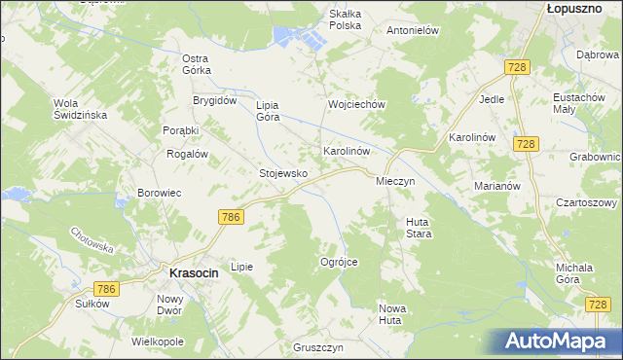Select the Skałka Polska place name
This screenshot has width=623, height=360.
pyautogui.click(x=346, y=18)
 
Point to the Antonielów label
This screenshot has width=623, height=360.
pyautogui.click(x=415, y=30)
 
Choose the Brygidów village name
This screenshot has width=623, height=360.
pyautogui.click(x=215, y=100)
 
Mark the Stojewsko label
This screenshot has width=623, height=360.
pyautogui.click(x=283, y=173)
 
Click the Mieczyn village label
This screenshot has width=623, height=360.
pyautogui.click(x=396, y=181)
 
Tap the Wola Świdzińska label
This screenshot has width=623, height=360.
pyautogui.click(x=80, y=108)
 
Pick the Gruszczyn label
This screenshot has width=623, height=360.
pyautogui.click(x=319, y=347)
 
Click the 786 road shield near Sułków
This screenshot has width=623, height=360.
pyautogui.click(x=106, y=289)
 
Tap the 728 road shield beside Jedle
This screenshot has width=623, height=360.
pyautogui.click(x=516, y=65)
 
